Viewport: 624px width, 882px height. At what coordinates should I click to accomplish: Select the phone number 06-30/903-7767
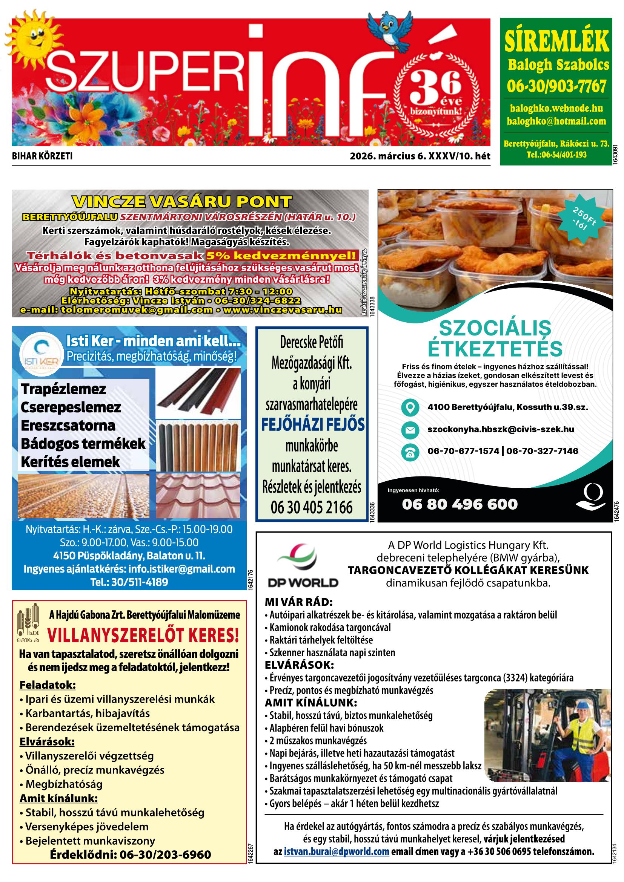[x=556, y=86]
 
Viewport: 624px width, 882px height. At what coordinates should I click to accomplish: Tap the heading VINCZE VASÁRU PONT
[x=182, y=202]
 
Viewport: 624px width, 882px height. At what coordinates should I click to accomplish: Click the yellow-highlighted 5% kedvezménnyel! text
[x=281, y=256]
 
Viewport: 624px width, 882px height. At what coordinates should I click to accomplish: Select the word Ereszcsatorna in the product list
[x=68, y=426]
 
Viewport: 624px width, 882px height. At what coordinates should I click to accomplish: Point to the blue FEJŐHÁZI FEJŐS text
[x=312, y=424]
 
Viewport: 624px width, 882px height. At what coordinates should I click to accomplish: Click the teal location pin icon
[x=410, y=407]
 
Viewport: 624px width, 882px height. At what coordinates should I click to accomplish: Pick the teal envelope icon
[x=410, y=429]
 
